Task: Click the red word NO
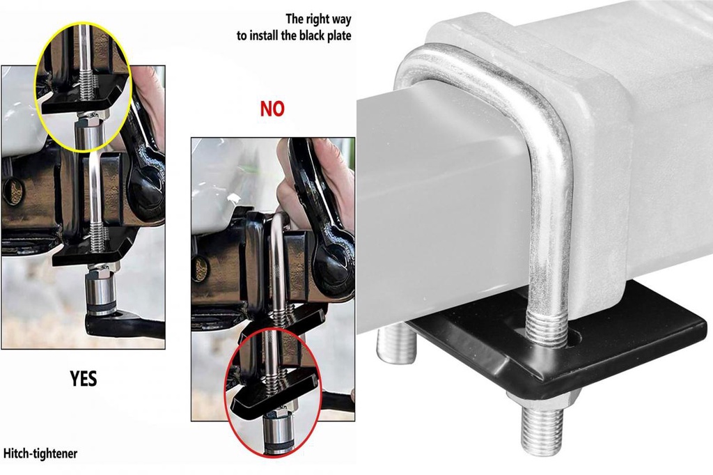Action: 272,109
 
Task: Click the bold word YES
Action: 83,378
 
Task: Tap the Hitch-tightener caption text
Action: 40,454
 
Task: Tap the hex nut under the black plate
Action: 542,399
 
